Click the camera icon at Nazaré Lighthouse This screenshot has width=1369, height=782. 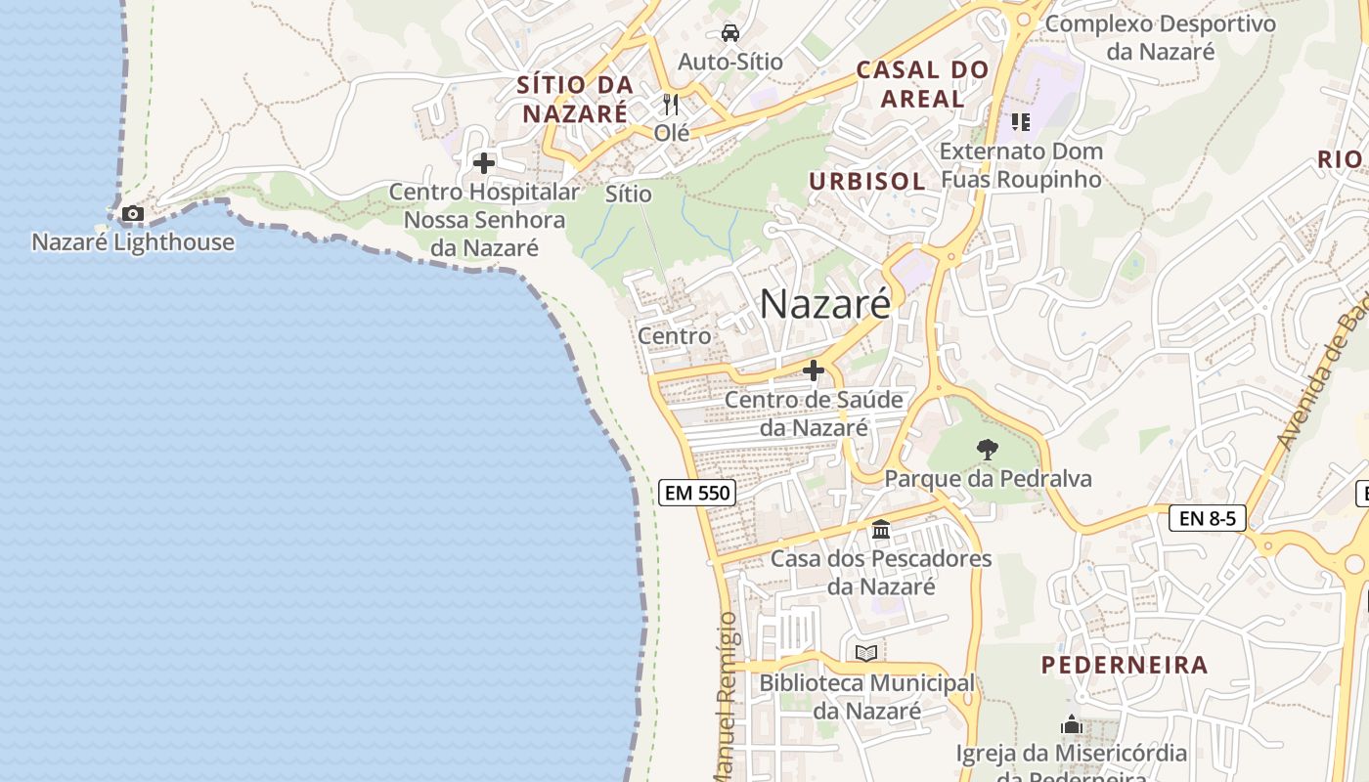[x=132, y=213]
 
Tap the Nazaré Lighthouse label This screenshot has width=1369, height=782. [x=133, y=242]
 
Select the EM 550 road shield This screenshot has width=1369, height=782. [x=697, y=493]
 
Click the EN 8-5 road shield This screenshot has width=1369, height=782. [x=1208, y=518]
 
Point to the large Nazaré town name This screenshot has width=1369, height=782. [x=825, y=304]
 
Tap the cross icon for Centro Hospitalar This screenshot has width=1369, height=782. [x=484, y=163]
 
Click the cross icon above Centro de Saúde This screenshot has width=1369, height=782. [x=814, y=370]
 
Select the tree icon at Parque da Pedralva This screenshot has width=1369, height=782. [x=988, y=450]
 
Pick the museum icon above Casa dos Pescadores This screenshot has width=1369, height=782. [x=881, y=529]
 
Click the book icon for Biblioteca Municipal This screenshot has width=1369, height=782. [x=866, y=653]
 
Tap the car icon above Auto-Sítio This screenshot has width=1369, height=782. [x=730, y=33]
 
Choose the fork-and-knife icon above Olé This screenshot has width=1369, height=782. [x=671, y=104]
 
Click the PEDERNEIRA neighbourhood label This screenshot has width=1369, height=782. [x=1125, y=666]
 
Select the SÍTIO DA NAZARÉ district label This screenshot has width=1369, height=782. [x=575, y=100]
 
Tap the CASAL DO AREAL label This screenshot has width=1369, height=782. [x=922, y=84]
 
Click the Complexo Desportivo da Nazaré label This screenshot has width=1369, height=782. [x=1161, y=37]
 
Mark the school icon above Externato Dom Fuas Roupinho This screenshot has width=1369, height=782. [x=1021, y=122]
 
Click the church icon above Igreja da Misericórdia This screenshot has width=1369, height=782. [x=1072, y=725]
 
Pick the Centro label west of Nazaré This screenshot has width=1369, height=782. [x=675, y=336]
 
